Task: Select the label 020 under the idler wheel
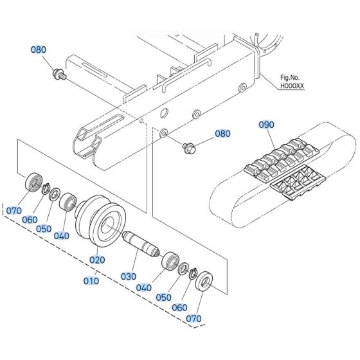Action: (96, 260)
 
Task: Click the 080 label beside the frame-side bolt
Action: (221, 134)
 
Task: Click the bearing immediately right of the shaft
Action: (171, 260)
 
